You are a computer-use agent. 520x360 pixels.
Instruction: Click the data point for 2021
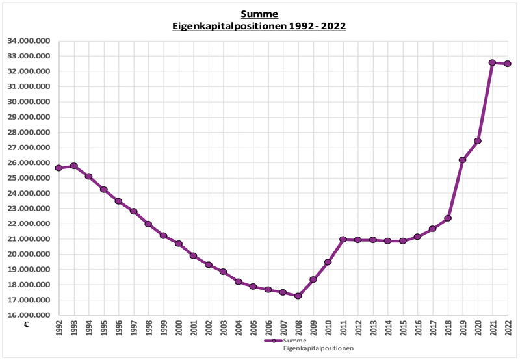[492, 63]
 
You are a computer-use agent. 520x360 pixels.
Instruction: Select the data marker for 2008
[298, 296]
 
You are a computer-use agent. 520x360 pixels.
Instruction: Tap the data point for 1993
[74, 166]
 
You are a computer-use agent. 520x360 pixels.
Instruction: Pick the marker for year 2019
[462, 160]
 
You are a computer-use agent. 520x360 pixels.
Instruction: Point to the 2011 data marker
[343, 240]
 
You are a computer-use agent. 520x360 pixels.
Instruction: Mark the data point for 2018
[448, 218]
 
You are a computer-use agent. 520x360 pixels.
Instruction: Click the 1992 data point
[59, 168]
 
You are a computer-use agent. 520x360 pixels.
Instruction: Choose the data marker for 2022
[507, 64]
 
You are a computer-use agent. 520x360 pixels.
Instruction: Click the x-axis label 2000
[179, 329]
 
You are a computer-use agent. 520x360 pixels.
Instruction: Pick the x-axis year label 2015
[402, 329]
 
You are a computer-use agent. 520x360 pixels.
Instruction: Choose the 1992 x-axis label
[59, 329]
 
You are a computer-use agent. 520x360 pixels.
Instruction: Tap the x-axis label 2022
[507, 329]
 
